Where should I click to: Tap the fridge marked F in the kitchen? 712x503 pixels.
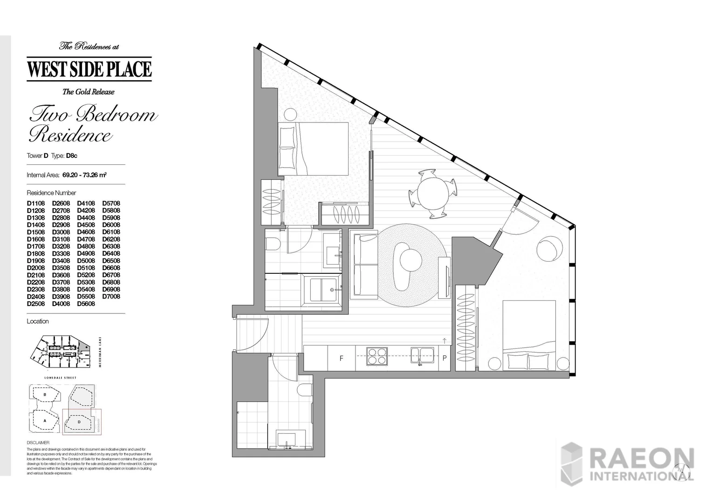coord(342,358)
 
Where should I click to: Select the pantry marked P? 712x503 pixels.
coord(444,358)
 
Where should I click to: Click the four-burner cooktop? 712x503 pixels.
coord(376,356)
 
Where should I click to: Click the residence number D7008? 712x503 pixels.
coord(111,297)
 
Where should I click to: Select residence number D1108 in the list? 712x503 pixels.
coord(36,204)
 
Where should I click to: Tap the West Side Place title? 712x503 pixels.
coord(89,69)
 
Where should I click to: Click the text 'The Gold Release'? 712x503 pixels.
coord(89,92)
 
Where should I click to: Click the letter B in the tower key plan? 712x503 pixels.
coord(44,394)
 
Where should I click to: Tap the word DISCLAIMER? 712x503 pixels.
coord(38,442)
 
